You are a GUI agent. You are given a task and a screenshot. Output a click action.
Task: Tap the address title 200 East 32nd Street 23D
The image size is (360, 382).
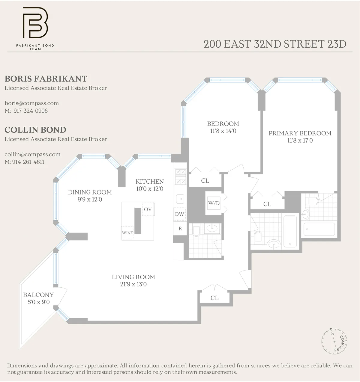[x=275, y=44]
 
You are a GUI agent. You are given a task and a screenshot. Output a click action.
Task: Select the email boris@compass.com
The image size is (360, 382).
[x=32, y=103]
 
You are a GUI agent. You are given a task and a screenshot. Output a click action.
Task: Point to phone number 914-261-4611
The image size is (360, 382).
[x=28, y=162]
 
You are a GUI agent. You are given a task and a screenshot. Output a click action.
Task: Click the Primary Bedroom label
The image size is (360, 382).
[x=300, y=133]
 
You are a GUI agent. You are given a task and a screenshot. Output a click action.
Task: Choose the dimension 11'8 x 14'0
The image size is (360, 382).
[x=223, y=131]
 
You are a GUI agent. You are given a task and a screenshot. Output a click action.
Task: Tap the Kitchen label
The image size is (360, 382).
[x=149, y=182]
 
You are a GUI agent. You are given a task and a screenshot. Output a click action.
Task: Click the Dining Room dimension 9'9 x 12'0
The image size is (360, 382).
[x=90, y=200]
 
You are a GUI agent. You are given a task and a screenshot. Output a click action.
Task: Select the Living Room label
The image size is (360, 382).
[x=133, y=277]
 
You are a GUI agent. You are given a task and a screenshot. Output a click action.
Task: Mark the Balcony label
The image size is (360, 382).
[x=38, y=295]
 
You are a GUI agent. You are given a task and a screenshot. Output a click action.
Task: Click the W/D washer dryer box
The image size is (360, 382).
[x=214, y=203]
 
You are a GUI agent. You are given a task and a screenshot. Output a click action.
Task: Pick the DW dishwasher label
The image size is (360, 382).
[x=179, y=214]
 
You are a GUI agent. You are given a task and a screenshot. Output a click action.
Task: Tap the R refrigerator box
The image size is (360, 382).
[x=180, y=229]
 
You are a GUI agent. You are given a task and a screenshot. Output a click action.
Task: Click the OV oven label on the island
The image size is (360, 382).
[x=148, y=209]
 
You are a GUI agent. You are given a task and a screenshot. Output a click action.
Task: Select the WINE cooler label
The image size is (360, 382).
[x=127, y=233]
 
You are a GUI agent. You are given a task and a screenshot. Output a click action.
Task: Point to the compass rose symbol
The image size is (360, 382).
[x=335, y=341]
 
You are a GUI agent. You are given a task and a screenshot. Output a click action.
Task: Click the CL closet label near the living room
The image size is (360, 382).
[x=214, y=298]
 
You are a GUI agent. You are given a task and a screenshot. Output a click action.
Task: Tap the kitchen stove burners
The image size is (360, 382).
[x=180, y=177]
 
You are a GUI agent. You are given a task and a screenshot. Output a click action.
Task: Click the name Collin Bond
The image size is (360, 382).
[x=35, y=130]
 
